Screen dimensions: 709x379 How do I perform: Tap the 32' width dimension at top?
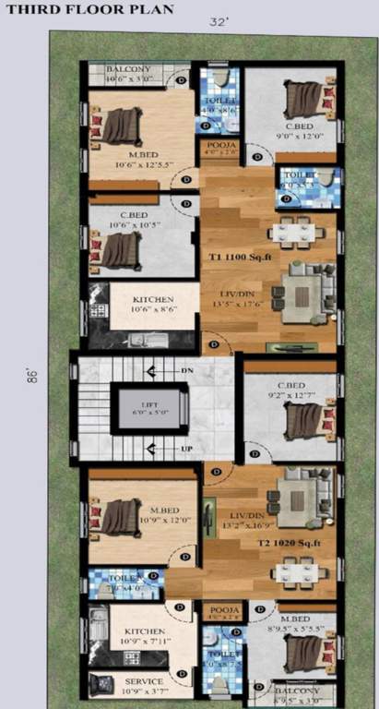click(219, 20)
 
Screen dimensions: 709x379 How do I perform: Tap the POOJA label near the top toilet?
click(222, 147)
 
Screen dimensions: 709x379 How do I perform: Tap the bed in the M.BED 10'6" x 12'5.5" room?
click(120, 126)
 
